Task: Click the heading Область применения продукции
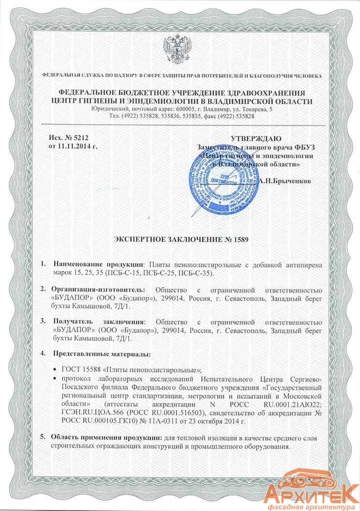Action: tap(107, 437)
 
